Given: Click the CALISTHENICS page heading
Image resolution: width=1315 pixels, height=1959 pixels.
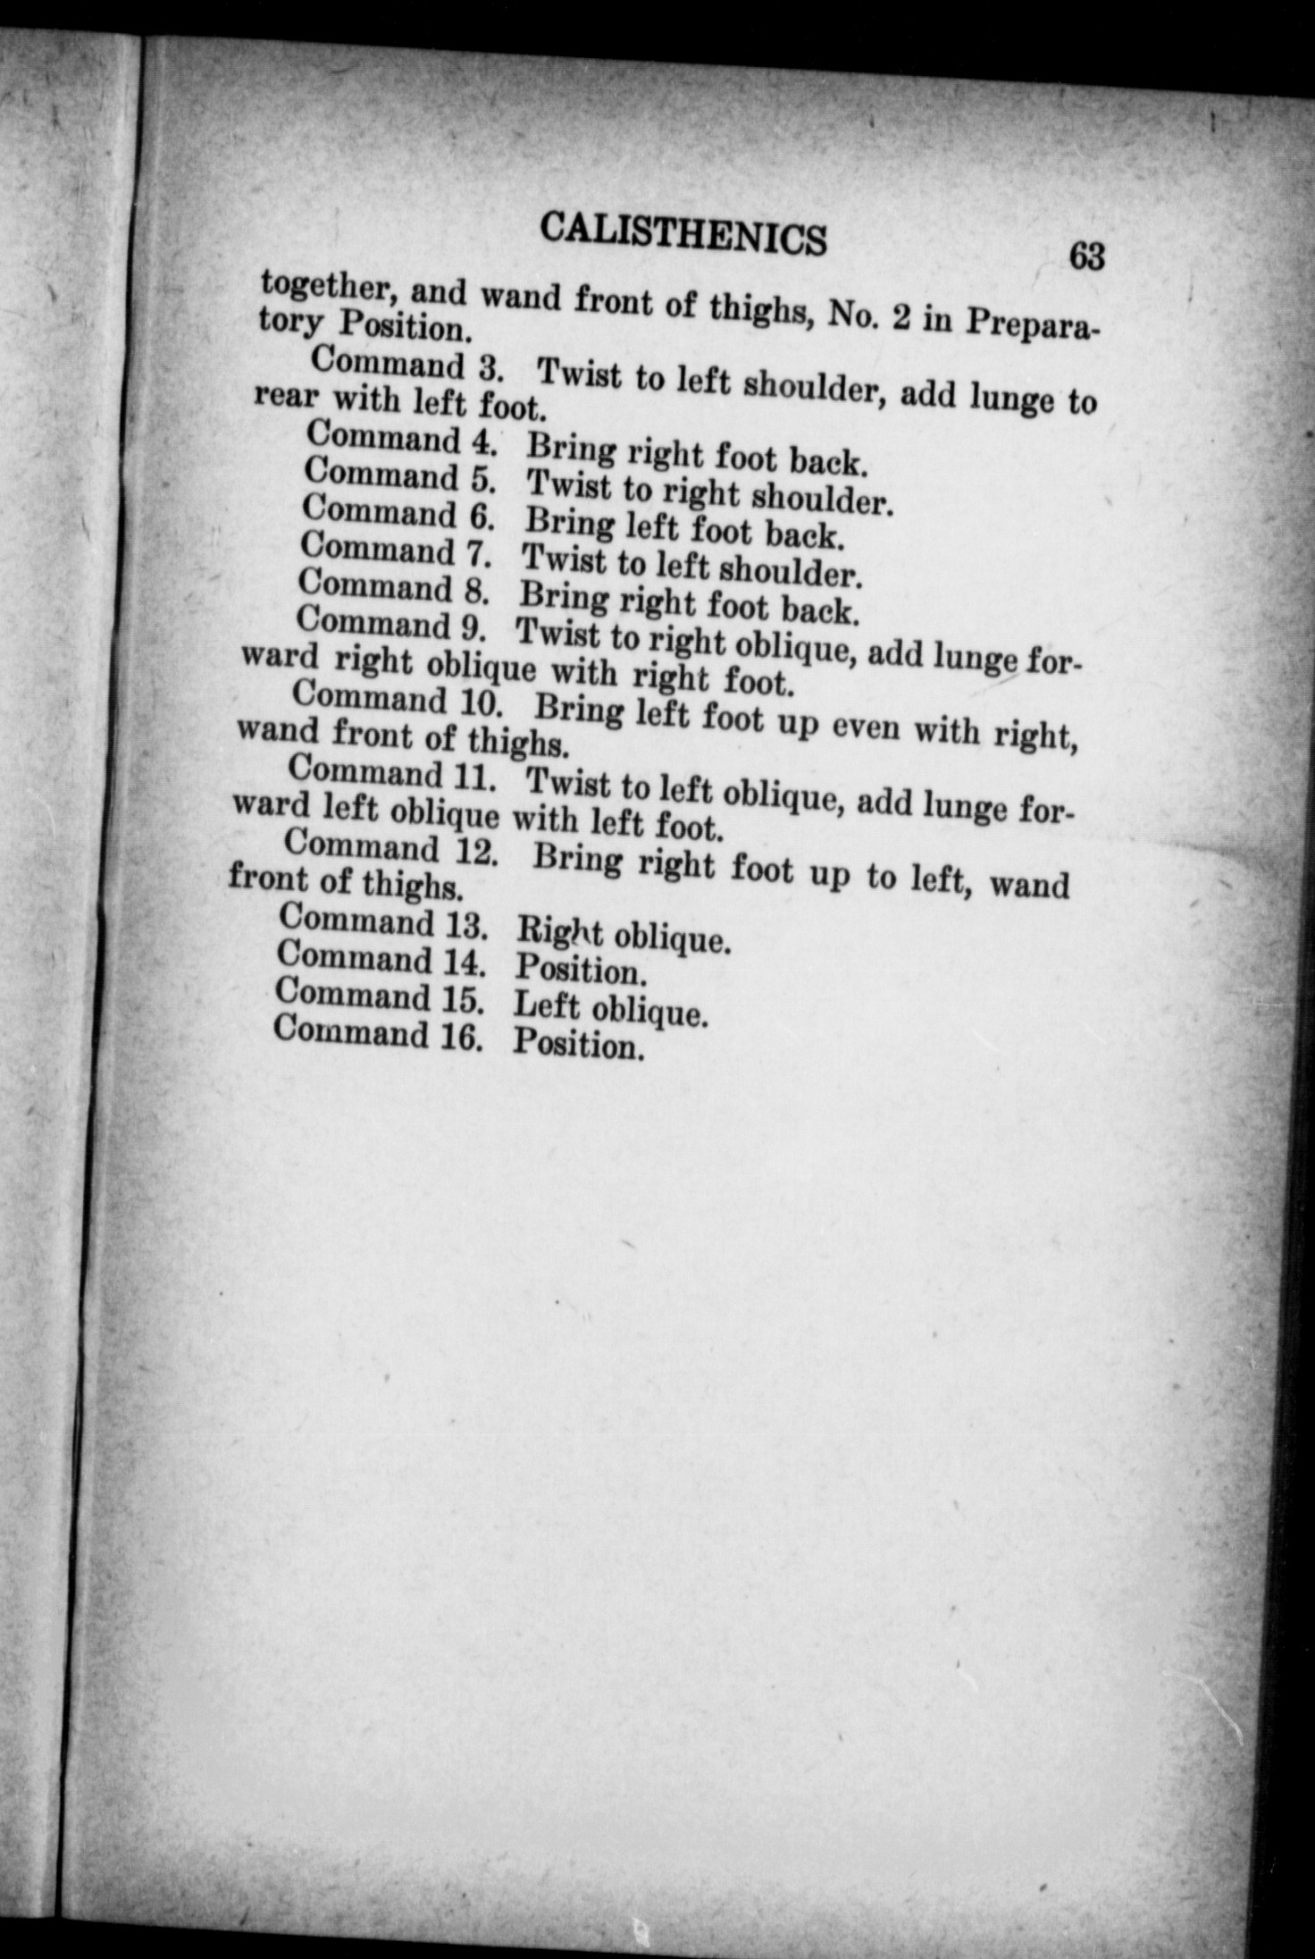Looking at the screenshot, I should coord(683,235).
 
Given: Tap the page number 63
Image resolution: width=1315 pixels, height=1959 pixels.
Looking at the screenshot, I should coord(1086,258).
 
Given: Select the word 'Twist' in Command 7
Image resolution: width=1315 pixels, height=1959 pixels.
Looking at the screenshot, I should coord(564,559).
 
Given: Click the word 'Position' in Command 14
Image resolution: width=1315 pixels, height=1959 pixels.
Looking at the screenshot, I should coord(579,971).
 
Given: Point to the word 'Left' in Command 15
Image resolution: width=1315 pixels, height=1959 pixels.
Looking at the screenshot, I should coord(547,1006).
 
